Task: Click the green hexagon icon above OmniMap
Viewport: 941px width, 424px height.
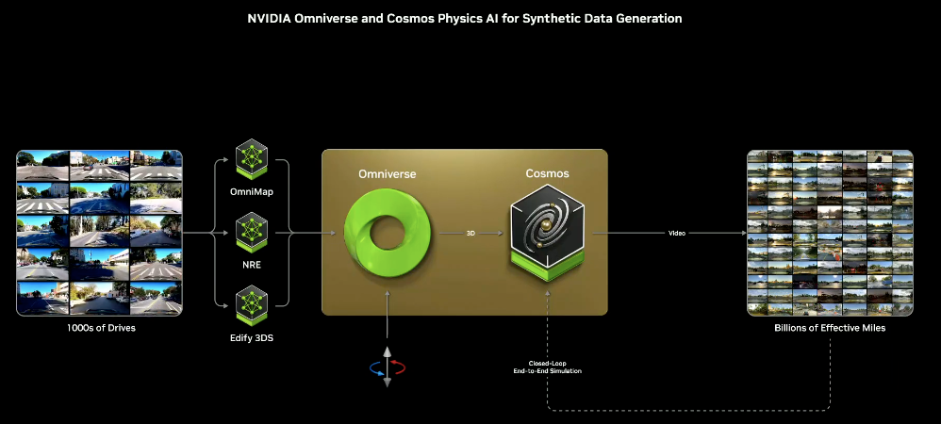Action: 252,158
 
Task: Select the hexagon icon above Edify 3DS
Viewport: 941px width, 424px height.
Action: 252,300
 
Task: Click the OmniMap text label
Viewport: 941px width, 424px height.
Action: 252,193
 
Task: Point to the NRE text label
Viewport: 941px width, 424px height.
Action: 252,265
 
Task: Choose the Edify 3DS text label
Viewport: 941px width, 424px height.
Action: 252,336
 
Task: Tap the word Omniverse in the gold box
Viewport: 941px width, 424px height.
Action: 387,174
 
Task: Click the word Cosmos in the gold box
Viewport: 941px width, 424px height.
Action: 547,174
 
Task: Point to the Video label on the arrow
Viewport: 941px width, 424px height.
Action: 677,233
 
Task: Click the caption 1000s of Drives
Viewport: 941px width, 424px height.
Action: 99,328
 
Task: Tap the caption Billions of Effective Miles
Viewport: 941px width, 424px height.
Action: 830,328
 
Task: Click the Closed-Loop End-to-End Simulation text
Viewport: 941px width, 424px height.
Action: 548,367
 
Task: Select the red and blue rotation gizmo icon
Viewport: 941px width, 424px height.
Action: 387,367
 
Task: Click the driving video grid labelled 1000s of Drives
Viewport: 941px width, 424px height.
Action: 99,232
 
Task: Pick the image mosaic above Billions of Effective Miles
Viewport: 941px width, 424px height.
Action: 830,232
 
